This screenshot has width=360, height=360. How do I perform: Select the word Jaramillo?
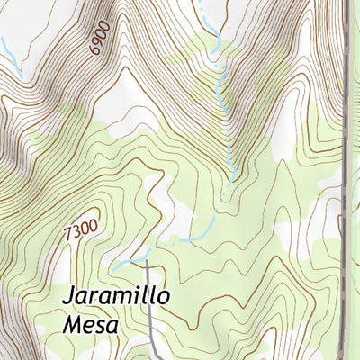[x=117, y=298]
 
